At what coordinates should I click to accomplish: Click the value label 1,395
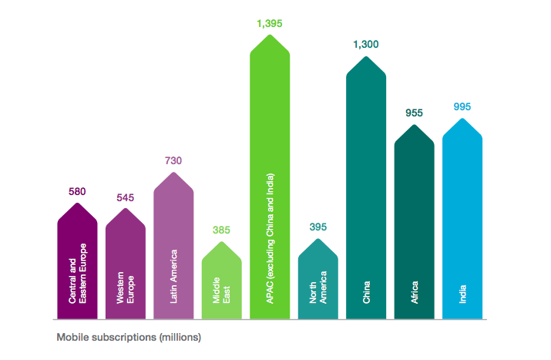270,23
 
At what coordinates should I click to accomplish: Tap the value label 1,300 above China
366,45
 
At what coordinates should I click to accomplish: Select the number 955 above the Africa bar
415,113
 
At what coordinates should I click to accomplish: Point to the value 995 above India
462,107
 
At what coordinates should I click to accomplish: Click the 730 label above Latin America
173,161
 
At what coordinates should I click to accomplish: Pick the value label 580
77,191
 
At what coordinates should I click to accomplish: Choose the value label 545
126,198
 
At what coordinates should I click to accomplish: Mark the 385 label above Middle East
222,230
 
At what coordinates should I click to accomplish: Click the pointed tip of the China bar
366,56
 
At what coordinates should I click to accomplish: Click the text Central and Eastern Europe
78,273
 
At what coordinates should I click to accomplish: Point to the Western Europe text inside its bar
126,285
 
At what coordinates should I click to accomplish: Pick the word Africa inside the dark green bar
415,292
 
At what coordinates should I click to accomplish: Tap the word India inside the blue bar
463,294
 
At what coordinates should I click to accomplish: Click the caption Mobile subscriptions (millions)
128,337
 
